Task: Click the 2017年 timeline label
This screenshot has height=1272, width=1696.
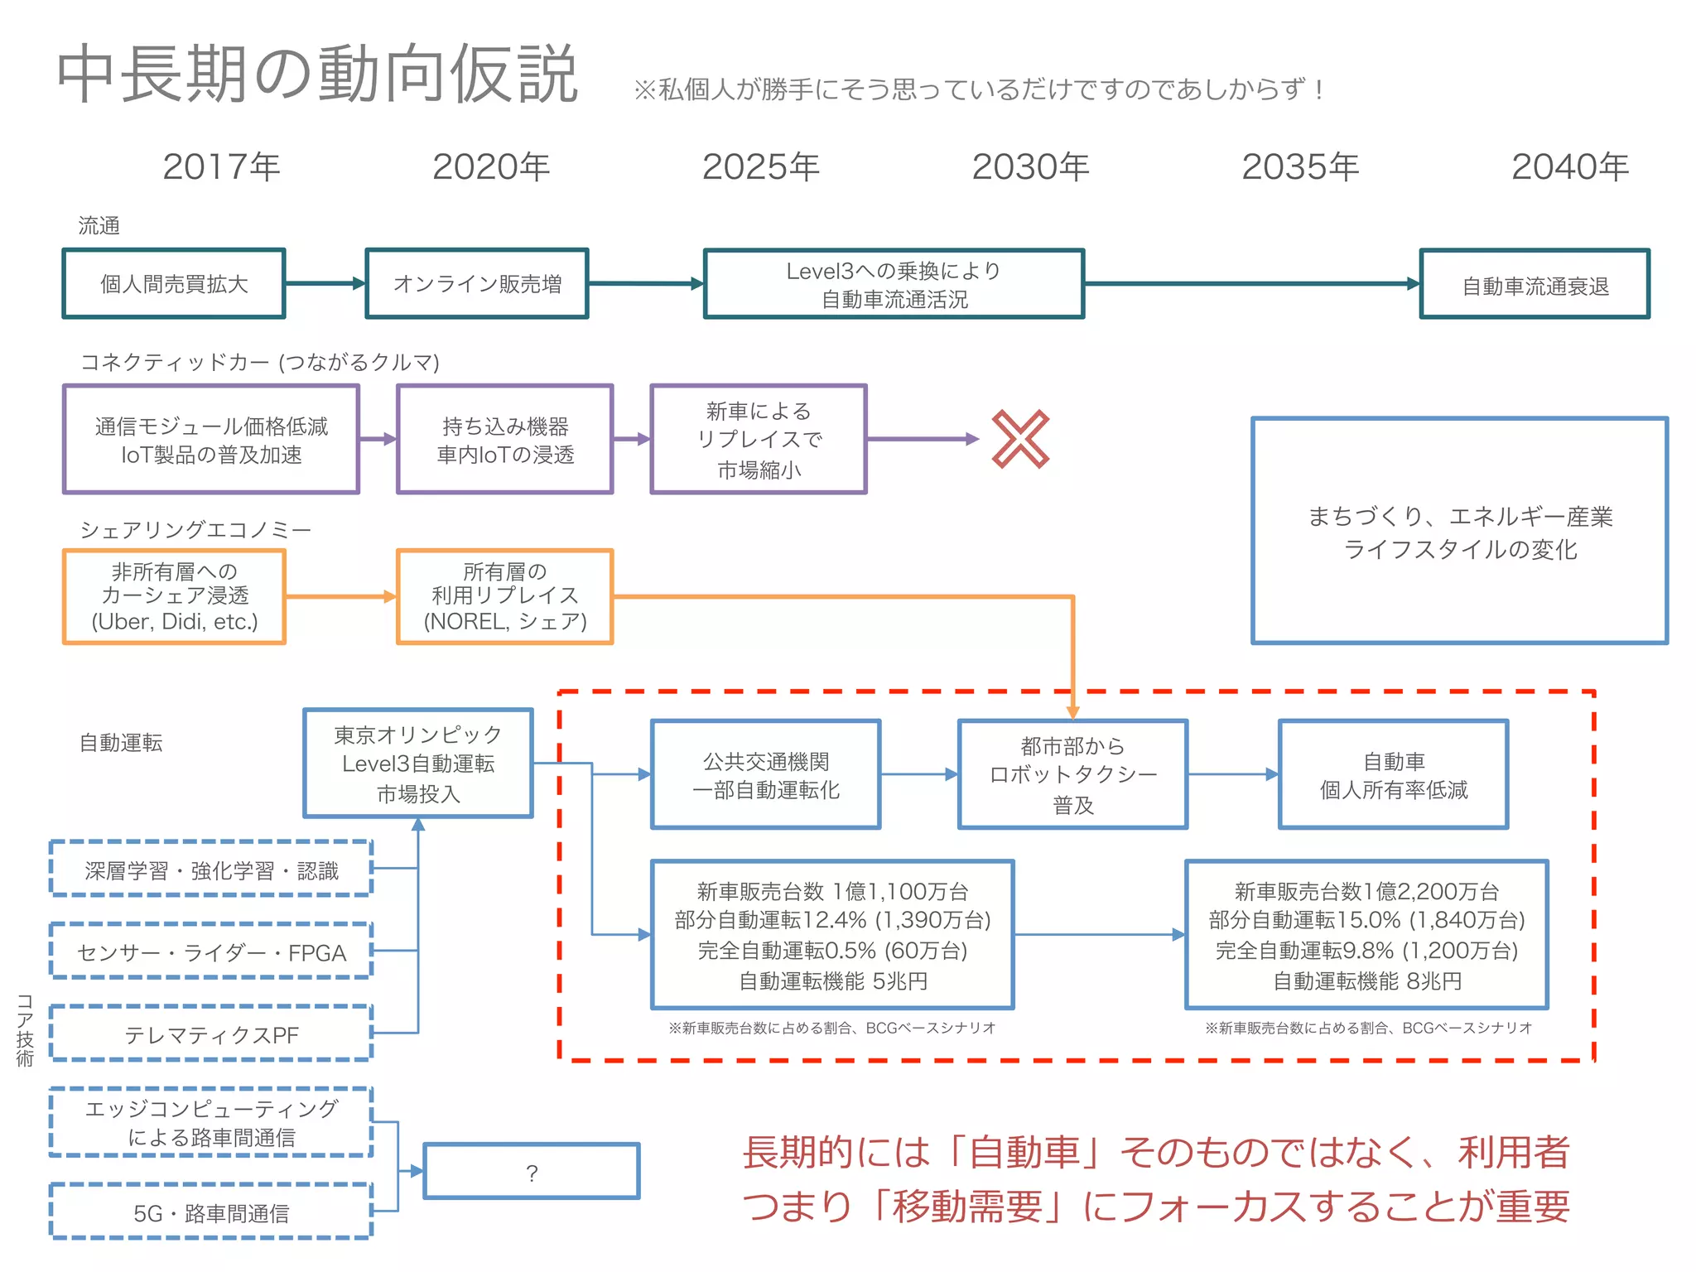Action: click(x=221, y=166)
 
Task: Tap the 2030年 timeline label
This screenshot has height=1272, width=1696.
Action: click(x=1030, y=166)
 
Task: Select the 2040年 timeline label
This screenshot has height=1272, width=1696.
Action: click(x=1570, y=166)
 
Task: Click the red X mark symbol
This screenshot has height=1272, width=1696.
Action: click(x=1020, y=439)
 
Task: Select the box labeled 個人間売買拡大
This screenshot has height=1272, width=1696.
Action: click(x=174, y=284)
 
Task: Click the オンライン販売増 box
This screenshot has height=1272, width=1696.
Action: click(x=477, y=284)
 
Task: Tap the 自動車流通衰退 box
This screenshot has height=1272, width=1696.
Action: click(x=1535, y=285)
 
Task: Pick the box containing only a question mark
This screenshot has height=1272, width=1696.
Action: click(x=532, y=1171)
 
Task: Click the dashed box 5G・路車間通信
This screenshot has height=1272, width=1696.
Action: click(x=211, y=1212)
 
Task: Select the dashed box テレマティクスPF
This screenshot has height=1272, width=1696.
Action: click(x=211, y=1034)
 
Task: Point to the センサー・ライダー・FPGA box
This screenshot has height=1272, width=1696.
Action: click(x=211, y=952)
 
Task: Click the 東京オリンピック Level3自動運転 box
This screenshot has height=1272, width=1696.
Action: click(x=418, y=764)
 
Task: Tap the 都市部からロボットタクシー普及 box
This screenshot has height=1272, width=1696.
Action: click(x=1072, y=774)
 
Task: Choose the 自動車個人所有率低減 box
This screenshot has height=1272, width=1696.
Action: click(x=1393, y=774)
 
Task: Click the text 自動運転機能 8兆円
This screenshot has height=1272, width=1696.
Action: click(x=1366, y=981)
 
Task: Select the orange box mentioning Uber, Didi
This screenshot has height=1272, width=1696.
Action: click(x=174, y=596)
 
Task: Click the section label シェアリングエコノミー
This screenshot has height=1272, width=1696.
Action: click(x=195, y=530)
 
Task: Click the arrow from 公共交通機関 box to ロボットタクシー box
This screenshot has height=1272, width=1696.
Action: click(x=919, y=774)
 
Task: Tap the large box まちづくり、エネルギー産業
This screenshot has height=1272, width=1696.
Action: click(x=1459, y=531)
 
